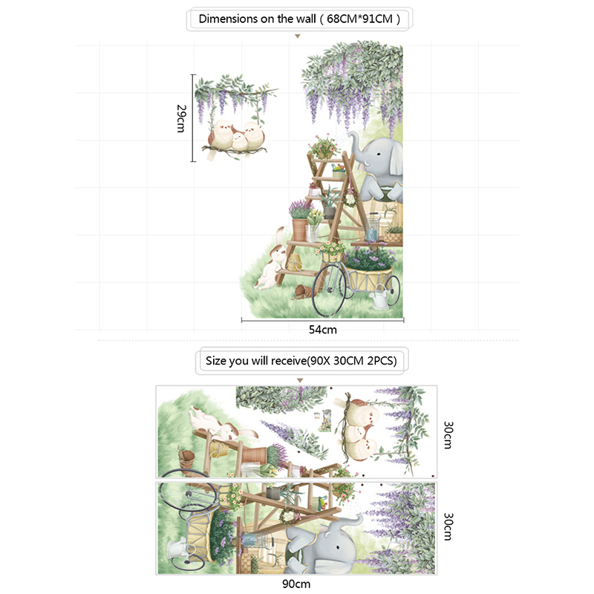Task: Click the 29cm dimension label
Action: (x=181, y=119)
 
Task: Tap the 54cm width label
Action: (x=323, y=330)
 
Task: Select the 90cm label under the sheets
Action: (x=296, y=584)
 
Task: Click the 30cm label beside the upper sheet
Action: (x=448, y=435)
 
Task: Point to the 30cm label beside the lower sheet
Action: (x=448, y=526)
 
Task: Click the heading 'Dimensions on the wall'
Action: (x=257, y=19)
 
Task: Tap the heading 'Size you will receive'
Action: (x=255, y=361)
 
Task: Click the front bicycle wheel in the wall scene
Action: (x=328, y=290)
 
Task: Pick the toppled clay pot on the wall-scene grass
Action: (x=303, y=292)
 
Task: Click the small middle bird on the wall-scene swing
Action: (x=240, y=140)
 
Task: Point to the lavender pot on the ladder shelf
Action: (x=301, y=221)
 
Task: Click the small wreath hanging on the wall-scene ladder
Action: (x=350, y=198)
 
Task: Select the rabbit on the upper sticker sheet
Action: (x=221, y=425)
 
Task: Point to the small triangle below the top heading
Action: (x=298, y=36)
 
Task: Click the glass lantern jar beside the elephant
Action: (x=372, y=227)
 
